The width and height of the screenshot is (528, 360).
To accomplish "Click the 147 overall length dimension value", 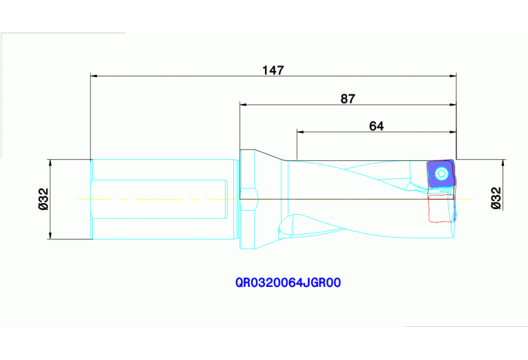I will point(273,70).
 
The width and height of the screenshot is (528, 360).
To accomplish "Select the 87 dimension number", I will point(348,98).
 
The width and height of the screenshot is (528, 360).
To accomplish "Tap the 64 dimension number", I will point(376,125).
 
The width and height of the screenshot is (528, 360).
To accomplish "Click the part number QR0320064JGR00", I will point(288,282).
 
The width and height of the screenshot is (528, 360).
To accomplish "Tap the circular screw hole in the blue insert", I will point(441,174).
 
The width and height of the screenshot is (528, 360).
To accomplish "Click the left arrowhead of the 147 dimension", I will point(95,76).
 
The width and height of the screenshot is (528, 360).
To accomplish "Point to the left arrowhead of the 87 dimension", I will point(243,105).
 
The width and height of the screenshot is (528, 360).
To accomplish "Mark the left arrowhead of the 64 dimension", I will point(300,131).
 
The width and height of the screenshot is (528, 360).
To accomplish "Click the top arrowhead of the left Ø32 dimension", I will point(51,162).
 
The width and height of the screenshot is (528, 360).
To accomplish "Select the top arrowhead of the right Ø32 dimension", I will point(503,163).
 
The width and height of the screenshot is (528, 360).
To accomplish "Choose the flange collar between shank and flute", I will point(248,200).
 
